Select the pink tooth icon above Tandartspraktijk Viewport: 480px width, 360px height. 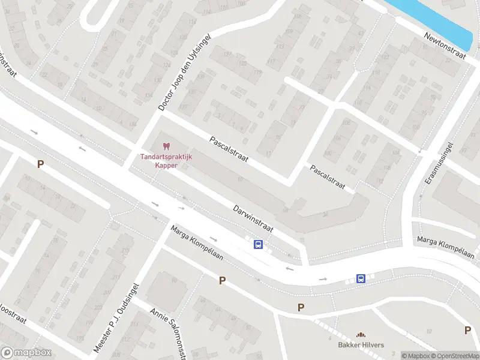click(x=167, y=146)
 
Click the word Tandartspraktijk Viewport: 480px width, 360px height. click(x=166, y=157)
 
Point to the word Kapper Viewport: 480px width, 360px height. click(x=166, y=166)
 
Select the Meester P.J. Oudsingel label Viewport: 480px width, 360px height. click(x=116, y=317)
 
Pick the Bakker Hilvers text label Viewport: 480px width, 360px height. click(x=360, y=345)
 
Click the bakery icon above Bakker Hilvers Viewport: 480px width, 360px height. click(x=361, y=335)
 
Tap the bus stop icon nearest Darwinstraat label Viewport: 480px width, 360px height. click(x=258, y=244)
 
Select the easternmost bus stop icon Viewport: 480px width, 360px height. click(x=361, y=278)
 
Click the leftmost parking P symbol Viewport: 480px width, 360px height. click(x=41, y=164)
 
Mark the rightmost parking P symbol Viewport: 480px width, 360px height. click(x=467, y=330)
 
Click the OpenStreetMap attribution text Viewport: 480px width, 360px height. click(x=455, y=356)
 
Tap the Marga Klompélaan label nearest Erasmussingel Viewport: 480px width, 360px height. click(x=446, y=248)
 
